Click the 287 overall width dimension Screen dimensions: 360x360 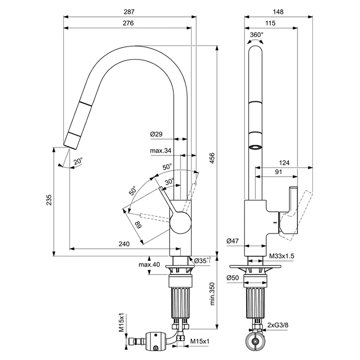coord(129,12)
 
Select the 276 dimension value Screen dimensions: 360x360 coord(128,23)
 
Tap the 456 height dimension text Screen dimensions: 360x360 coord(212,158)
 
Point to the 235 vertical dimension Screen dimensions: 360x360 coord(49,200)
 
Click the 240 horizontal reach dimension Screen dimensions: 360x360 coord(124,243)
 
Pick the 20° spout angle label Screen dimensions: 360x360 coord(78,161)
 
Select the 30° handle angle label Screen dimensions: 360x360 coord(169,181)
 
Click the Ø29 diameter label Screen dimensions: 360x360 coord(156,134)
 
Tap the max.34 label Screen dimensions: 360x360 coord(161,151)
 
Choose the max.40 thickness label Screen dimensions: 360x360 coord(149,264)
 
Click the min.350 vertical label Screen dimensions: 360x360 coord(212,294)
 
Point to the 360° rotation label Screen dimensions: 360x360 coord(257,35)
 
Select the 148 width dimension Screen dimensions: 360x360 coord(278,12)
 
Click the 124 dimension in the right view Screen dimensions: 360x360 coord(284,163)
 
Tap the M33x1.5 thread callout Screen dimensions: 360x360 coord(282,256)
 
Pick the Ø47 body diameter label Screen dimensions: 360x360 coord(233,241)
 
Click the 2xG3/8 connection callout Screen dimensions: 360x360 coord(278,325)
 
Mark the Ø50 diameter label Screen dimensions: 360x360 coord(233,278)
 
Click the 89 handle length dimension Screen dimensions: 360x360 coord(138,225)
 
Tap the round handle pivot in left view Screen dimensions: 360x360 coord(180,223)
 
